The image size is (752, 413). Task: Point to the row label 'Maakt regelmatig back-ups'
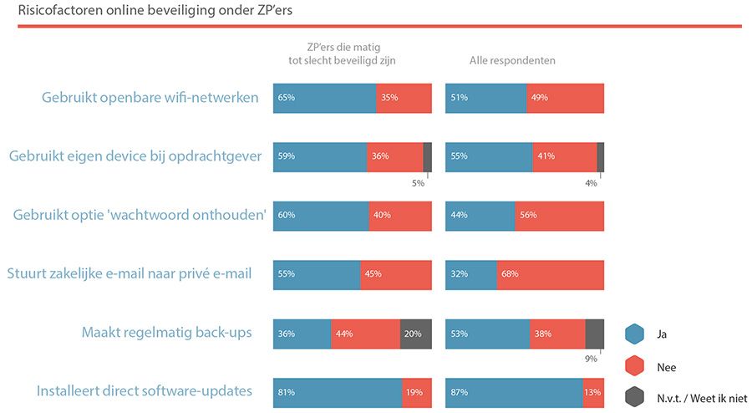[166, 333]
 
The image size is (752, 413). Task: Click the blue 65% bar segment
[324, 98]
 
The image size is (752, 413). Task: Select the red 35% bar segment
[404, 98]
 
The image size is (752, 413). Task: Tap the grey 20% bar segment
[416, 334]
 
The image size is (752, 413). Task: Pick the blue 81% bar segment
[338, 392]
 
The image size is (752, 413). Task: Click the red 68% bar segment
[550, 274]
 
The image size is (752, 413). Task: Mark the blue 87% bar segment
[514, 392]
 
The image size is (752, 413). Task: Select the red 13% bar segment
[593, 392]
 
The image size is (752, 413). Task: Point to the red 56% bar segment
[559, 216]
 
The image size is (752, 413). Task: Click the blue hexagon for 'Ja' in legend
[636, 334]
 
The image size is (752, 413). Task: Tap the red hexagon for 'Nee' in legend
[636, 365]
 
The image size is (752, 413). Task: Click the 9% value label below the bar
[591, 359]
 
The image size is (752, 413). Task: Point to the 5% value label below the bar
[418, 183]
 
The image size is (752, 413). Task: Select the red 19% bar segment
[417, 392]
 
